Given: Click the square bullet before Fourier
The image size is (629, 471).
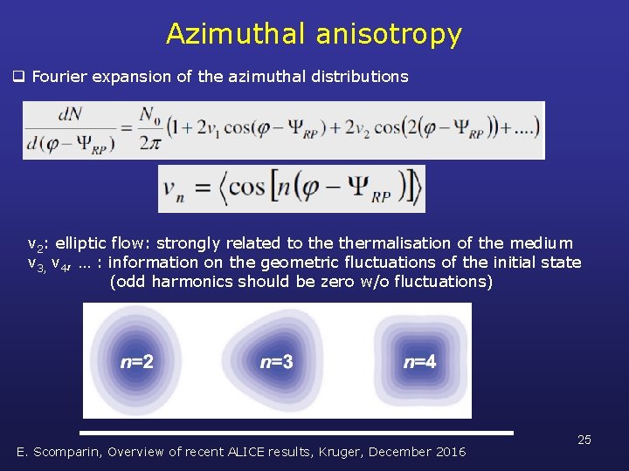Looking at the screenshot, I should [17, 77].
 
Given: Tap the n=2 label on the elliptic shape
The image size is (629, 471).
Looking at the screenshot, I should [136, 361].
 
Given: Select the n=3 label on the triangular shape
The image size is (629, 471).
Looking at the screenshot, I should [277, 361].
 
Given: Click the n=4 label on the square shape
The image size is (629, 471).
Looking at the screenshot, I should [420, 361].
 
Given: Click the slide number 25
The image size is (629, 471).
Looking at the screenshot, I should [584, 440].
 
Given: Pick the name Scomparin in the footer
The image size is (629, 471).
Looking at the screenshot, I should [72, 452].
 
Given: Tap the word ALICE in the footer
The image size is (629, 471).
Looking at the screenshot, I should [249, 452].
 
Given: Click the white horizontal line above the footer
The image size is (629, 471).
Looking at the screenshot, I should [296, 433].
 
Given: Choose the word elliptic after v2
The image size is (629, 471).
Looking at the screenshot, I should [80, 243].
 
